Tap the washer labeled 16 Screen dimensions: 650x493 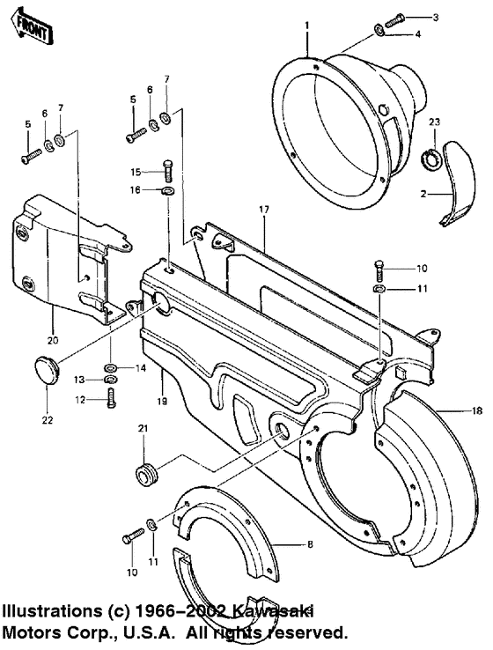point(167,190)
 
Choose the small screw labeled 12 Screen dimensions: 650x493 point(110,397)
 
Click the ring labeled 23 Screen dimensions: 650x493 point(435,160)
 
